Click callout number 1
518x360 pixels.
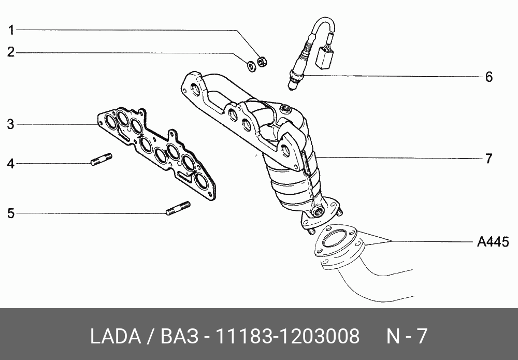(x=11, y=31)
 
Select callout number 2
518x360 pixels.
(x=11, y=52)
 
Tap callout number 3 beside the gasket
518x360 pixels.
(x=10, y=124)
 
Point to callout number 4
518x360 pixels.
(x=11, y=164)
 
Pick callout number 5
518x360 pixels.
(x=11, y=213)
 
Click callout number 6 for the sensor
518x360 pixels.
(x=489, y=77)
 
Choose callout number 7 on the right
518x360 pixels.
(x=489, y=159)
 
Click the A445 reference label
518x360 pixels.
(x=493, y=242)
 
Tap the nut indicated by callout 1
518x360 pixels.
(x=262, y=62)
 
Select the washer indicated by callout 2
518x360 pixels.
(x=251, y=66)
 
